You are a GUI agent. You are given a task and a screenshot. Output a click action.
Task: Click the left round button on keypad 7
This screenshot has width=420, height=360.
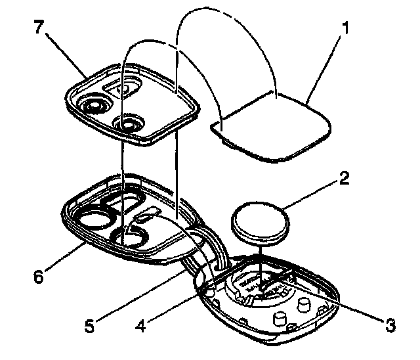(x=94, y=105)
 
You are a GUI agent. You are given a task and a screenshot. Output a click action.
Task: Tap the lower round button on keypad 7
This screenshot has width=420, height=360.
(x=127, y=122)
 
